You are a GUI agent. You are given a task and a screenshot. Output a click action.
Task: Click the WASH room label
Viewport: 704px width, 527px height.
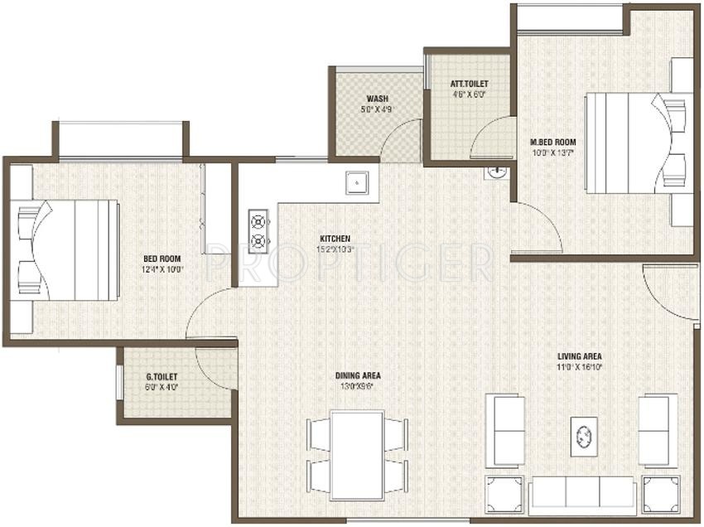tap(356, 97)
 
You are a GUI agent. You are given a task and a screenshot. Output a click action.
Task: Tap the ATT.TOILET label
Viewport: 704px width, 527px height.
tap(469, 84)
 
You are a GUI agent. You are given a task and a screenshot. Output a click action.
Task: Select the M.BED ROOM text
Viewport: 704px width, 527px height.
tap(552, 142)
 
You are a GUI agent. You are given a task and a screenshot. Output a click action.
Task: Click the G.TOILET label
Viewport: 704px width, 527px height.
tap(162, 376)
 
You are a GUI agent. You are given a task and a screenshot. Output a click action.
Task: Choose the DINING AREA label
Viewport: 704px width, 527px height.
tap(359, 375)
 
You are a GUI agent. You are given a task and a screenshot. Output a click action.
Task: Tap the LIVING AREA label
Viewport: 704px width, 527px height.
tap(579, 357)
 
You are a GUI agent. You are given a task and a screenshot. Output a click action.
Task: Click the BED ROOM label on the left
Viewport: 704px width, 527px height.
tap(162, 259)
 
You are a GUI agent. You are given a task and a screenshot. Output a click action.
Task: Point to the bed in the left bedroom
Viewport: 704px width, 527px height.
tap(66, 249)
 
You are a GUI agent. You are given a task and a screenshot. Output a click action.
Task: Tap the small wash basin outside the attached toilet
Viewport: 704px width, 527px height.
tap(497, 172)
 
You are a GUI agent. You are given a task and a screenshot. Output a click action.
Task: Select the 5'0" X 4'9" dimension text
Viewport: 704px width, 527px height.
tap(356, 109)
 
